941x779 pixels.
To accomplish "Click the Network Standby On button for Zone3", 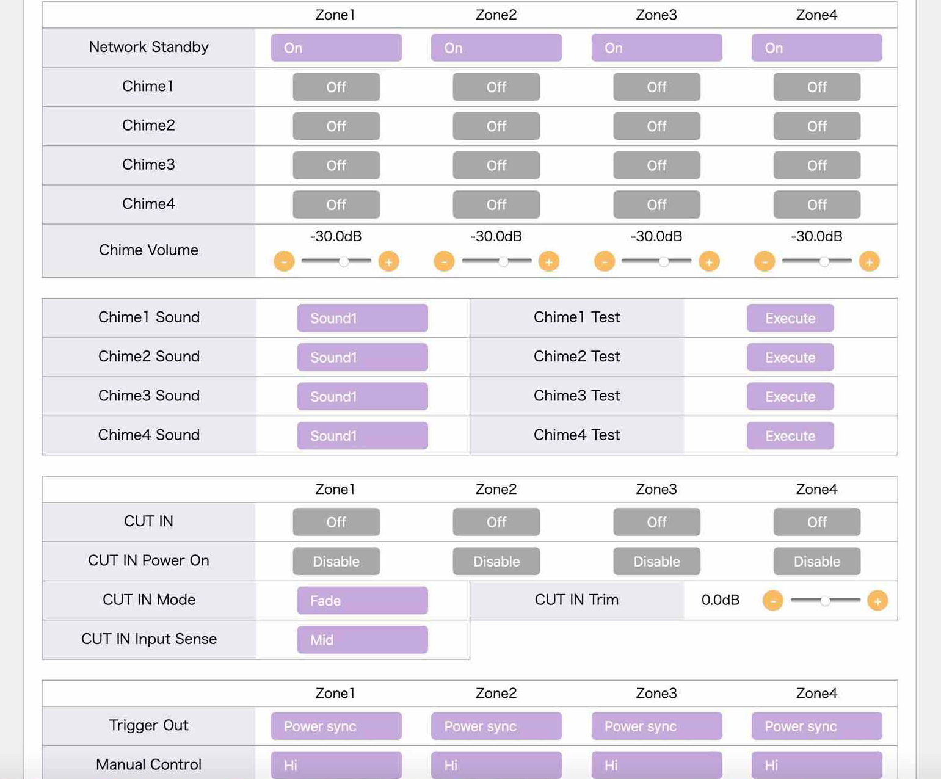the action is (656, 47).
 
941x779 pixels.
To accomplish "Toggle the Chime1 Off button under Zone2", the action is (496, 87).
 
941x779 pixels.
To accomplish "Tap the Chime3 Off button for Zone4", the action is (816, 165).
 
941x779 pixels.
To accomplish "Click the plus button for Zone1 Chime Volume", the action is (388, 261).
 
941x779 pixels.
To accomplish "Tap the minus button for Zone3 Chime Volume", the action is (605, 261).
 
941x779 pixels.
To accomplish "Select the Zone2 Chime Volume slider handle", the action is (503, 261).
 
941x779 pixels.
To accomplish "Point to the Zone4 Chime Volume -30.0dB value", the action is (816, 236).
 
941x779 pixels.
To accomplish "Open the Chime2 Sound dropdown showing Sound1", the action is (362, 357).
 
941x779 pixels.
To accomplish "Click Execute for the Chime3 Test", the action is (790, 396).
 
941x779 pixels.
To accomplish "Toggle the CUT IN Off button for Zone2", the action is (496, 522).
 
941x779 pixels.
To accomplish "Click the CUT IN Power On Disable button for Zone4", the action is (816, 561).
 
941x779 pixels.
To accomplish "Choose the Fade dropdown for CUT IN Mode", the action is (362, 600).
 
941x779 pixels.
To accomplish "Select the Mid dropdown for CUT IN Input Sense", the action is (362, 639).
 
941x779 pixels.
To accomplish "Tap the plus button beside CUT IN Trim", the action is (877, 601).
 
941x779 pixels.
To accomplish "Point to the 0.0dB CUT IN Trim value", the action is (720, 600).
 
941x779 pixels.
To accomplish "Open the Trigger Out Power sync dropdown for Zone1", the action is (336, 726).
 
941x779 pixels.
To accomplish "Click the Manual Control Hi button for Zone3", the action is (656, 764).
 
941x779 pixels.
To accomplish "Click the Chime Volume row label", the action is (149, 250).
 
